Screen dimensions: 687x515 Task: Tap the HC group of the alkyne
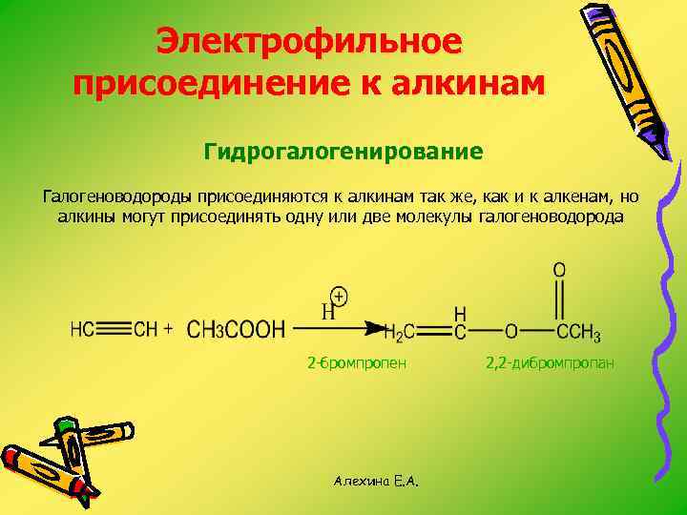[x=82, y=330]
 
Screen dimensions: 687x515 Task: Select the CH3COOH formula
[x=236, y=330]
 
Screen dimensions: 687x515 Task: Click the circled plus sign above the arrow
[x=338, y=297]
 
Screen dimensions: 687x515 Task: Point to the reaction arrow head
[x=376, y=328]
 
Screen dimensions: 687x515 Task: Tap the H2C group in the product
[x=399, y=332]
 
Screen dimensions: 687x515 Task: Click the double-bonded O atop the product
[x=559, y=271]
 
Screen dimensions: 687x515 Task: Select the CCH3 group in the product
[x=578, y=332]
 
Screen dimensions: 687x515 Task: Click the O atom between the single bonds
[x=511, y=331]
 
